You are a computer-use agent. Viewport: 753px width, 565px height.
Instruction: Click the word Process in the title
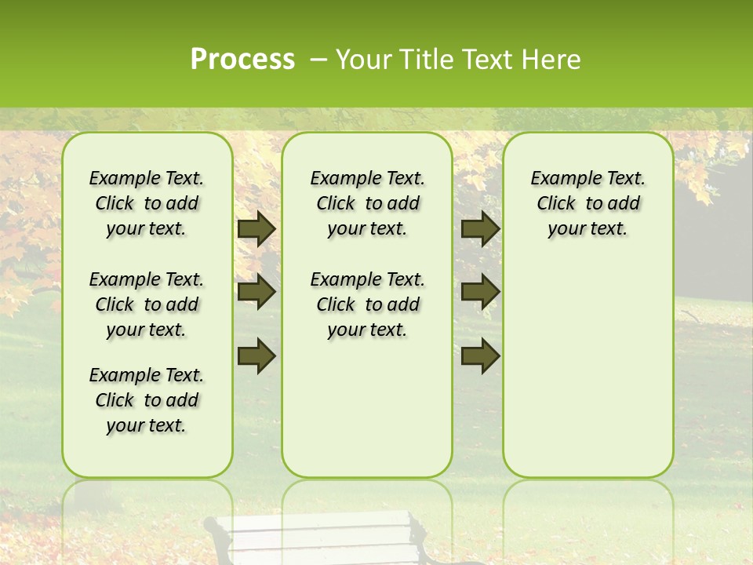(x=242, y=60)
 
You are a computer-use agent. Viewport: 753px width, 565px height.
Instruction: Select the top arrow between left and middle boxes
(x=256, y=229)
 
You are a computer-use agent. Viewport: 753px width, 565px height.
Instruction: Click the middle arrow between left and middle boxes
(x=256, y=292)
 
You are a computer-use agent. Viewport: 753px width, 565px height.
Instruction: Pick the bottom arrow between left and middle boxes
(x=256, y=355)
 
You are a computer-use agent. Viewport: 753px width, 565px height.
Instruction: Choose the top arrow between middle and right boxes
(x=480, y=229)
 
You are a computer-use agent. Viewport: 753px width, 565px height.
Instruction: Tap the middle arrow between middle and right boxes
(x=480, y=292)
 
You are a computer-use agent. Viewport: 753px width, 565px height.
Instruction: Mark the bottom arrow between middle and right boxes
(x=480, y=355)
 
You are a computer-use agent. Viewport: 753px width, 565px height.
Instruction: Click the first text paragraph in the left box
(x=147, y=203)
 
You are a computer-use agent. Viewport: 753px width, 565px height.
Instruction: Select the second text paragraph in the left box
(x=147, y=304)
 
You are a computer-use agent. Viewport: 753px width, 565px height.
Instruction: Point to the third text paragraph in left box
(x=147, y=400)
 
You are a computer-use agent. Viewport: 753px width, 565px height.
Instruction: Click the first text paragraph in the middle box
(x=368, y=203)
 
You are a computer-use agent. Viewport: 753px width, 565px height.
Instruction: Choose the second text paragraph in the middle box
(x=368, y=304)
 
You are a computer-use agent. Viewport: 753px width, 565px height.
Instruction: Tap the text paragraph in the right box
(x=588, y=203)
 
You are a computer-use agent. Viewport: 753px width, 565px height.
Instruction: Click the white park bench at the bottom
(x=322, y=538)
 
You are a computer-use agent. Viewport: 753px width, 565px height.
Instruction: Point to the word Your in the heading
(x=360, y=60)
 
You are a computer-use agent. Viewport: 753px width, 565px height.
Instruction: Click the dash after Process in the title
(x=318, y=60)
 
